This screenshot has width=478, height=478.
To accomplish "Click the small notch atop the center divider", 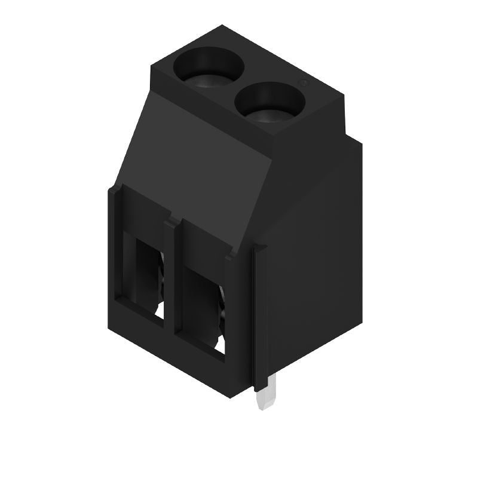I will click(170, 222).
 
